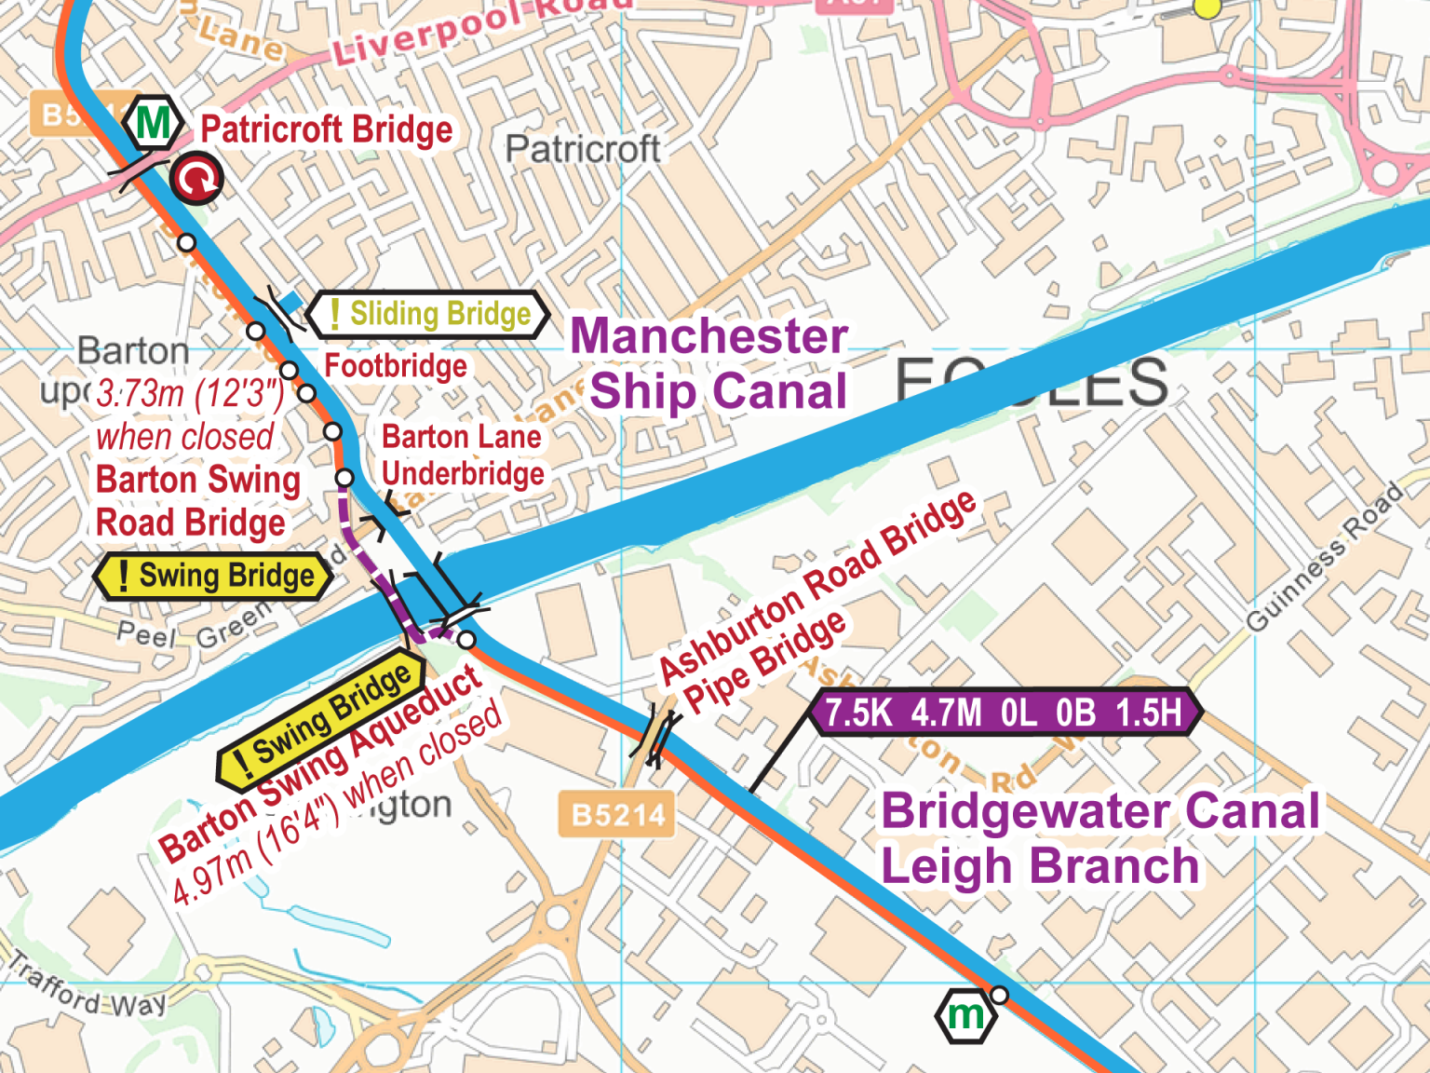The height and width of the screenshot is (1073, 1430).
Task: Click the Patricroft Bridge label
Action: point(327,129)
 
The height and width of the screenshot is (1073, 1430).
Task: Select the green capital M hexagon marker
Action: point(154,122)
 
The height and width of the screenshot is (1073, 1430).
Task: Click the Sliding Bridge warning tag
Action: point(429,314)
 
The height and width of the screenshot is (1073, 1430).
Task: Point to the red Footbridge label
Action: point(396,366)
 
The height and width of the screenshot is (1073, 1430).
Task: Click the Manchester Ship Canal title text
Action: point(709,363)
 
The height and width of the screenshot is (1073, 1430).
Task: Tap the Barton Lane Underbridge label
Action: point(463,455)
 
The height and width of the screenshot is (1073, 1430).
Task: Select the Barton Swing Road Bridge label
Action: point(198,501)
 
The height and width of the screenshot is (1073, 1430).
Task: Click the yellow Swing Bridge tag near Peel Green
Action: point(214,576)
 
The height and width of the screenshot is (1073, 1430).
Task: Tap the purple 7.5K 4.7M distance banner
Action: point(1004,713)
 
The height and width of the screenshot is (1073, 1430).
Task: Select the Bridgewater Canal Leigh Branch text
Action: point(1099,838)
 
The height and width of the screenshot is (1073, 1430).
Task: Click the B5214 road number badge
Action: point(617,815)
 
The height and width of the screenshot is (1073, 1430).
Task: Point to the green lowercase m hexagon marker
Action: point(965,1015)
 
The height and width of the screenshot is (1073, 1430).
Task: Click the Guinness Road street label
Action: point(1324,557)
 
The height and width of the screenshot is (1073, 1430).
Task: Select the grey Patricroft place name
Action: point(583,149)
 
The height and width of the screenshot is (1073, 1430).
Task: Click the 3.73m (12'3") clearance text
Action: point(190,394)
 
